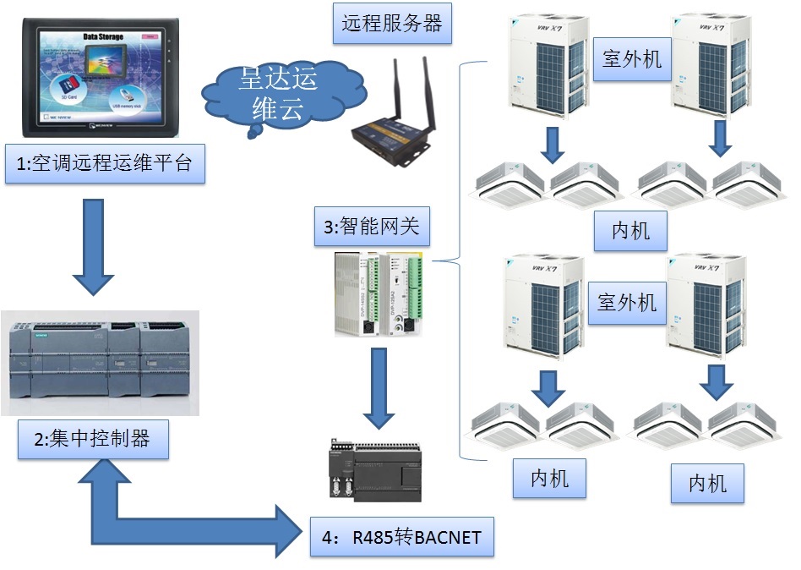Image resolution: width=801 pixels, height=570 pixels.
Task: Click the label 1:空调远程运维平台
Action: [x=105, y=165]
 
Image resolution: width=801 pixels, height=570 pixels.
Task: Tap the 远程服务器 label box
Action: [x=392, y=24]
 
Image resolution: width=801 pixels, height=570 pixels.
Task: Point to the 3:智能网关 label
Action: [x=378, y=227]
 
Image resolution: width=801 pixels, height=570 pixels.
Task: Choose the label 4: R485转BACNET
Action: [x=401, y=537]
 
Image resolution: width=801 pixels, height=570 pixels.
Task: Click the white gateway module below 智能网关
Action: [x=377, y=293]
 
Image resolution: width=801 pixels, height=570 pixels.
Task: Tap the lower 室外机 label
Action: [x=627, y=302]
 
